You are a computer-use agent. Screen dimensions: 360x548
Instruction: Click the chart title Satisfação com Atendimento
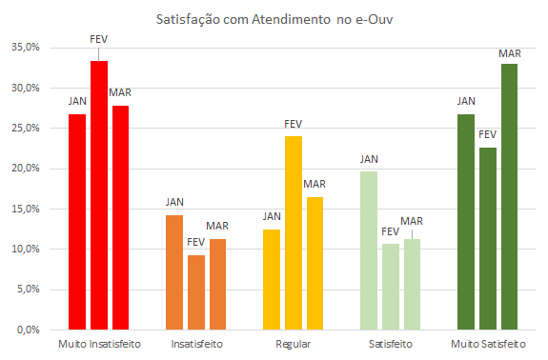click(x=274, y=19)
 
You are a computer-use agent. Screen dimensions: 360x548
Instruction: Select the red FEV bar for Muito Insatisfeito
click(x=99, y=195)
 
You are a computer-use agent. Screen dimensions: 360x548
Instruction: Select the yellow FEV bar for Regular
click(x=294, y=232)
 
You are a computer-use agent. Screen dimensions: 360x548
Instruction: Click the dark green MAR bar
click(x=510, y=196)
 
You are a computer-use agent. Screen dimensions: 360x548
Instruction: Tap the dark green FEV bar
click(x=488, y=238)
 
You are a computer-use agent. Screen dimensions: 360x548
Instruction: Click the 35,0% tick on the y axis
click(x=26, y=47)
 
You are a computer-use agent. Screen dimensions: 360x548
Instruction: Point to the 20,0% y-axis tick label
click(x=26, y=169)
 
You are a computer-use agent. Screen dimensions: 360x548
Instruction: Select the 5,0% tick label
click(x=29, y=290)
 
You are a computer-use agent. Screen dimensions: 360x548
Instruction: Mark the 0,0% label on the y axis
click(x=29, y=330)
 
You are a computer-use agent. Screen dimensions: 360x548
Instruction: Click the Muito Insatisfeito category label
click(x=99, y=343)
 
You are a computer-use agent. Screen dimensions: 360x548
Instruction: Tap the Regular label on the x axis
click(x=294, y=343)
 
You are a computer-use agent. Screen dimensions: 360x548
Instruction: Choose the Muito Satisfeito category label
click(x=488, y=343)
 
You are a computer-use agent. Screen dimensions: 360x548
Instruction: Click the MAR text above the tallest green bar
click(x=510, y=53)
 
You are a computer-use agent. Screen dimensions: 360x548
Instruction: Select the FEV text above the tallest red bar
click(x=99, y=38)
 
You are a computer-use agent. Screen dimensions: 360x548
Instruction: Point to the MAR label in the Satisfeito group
click(x=412, y=221)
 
